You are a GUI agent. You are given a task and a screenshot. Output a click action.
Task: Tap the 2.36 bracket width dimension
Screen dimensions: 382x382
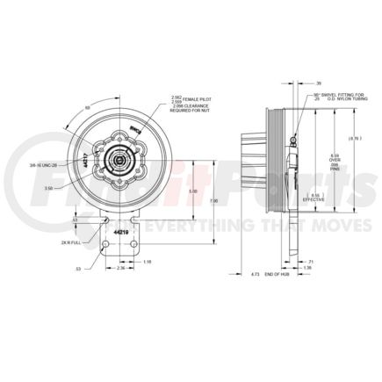click(120, 282)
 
